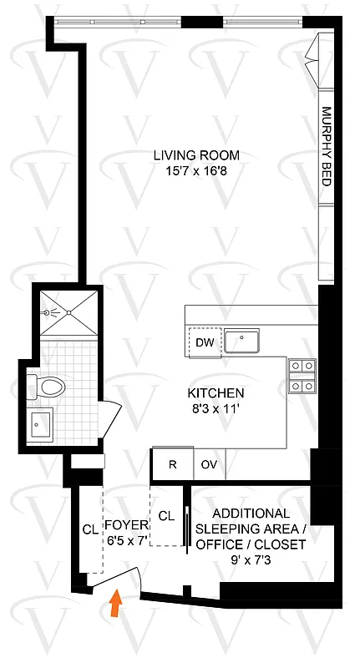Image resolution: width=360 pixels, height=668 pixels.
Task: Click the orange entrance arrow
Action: pos(114,604)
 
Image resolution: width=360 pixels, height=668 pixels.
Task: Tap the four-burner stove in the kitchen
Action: pos(302,375)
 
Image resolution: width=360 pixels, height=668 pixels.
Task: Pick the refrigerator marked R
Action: pos(172,465)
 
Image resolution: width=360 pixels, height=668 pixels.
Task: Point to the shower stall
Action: pos(64,310)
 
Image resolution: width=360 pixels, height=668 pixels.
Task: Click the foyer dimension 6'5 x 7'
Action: pos(126,539)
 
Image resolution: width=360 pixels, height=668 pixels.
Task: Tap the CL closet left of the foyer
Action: pos(89,528)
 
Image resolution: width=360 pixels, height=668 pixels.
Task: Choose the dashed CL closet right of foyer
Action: pos(166,515)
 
